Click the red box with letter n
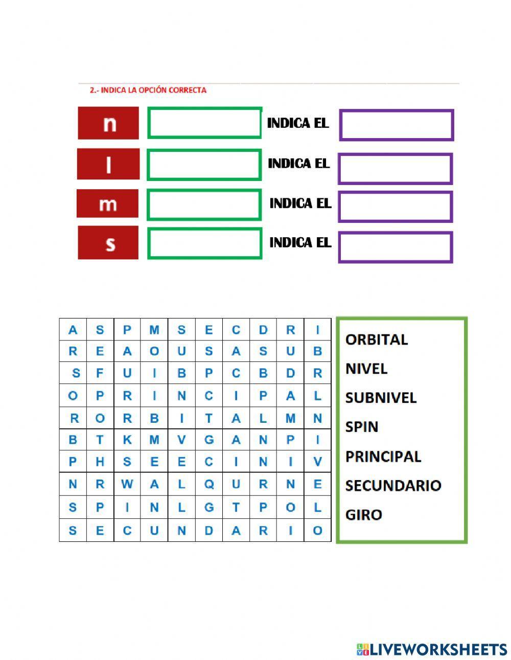(108, 123)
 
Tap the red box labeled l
(108, 164)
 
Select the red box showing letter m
(107, 203)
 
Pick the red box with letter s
(108, 243)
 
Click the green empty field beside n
(204, 123)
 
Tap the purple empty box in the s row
(396, 247)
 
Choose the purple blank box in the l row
(395, 169)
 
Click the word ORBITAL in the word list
(377, 339)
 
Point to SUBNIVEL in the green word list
(381, 398)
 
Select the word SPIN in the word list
(361, 427)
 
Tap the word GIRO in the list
(363, 514)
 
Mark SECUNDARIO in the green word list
(393, 485)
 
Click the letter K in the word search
(127, 440)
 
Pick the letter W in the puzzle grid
(127, 485)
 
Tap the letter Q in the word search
(208, 485)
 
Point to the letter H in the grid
(100, 462)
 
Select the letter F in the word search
(100, 373)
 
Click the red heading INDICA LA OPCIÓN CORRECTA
(148, 90)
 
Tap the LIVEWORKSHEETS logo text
(437, 649)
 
